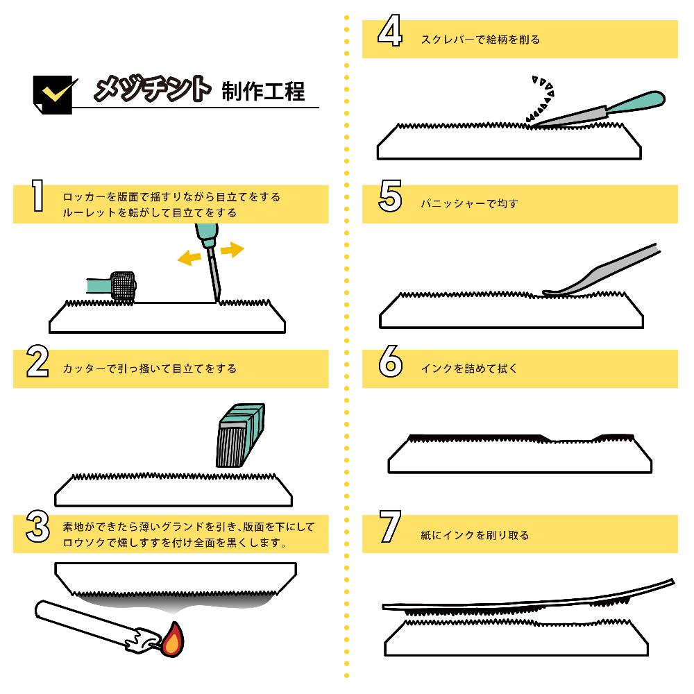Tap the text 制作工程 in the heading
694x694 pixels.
[x=263, y=90]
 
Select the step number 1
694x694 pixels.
[x=37, y=196]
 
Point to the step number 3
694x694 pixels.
[x=37, y=527]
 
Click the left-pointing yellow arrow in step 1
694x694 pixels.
[x=186, y=258]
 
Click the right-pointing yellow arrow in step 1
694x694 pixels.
[x=232, y=249]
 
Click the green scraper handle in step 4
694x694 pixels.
[x=636, y=102]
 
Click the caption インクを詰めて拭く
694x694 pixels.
[x=469, y=369]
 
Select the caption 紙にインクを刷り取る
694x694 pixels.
[x=475, y=535]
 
